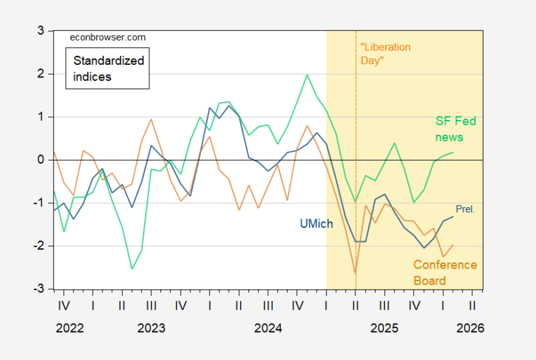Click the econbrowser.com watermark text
click(x=108, y=38)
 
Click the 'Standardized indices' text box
click(x=108, y=68)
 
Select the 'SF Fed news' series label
click(x=450, y=129)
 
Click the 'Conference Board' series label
click(x=445, y=272)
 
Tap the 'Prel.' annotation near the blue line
click(x=465, y=209)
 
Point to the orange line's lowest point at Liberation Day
click(x=355, y=273)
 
